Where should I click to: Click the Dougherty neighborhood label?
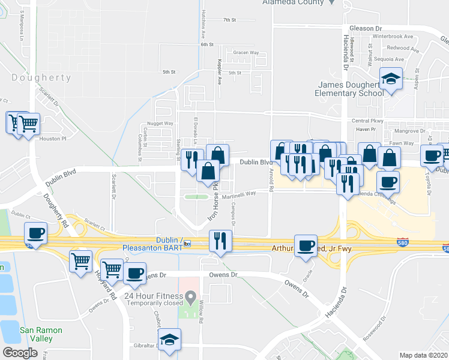pyautogui.click(x=41, y=77)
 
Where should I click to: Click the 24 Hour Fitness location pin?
pyautogui.click(x=191, y=296)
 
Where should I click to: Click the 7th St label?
pyautogui.click(x=229, y=20)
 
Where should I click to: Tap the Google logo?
pyautogui.click(x=20, y=353)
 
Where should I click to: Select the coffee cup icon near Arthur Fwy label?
pyautogui.click(x=306, y=245)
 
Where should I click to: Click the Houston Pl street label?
pyautogui.click(x=52, y=138)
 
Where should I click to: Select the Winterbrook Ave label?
pyautogui.click(x=393, y=37)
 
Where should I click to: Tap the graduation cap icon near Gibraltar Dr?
pyautogui.click(x=170, y=340)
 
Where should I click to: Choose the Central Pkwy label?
pyautogui.click(x=364, y=121)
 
